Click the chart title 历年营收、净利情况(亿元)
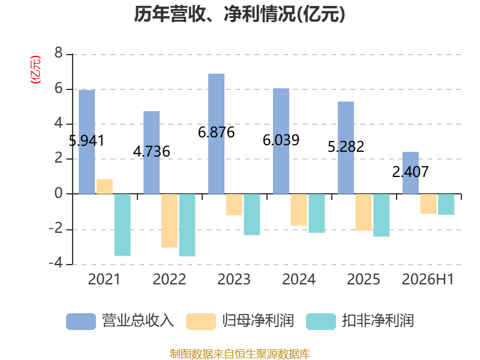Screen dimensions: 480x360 pos(239,14)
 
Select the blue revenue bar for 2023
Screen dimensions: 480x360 pos(216,134)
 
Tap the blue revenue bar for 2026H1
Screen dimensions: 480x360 pos(410,173)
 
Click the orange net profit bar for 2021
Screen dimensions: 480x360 pos(104,187)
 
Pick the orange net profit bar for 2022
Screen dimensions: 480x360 pos(169,220)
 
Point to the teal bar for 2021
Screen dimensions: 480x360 pos(122,224)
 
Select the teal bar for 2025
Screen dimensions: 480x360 pos(382,215)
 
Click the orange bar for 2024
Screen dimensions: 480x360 pos(299,209)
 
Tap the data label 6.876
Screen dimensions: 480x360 pos(216,133)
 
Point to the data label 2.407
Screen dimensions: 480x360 pos(410,172)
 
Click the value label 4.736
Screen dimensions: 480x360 pos(152,152)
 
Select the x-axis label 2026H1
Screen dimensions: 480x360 pos(428,279)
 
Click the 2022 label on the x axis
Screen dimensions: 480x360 pos(169,279)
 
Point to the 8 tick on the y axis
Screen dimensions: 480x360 pos(58,53)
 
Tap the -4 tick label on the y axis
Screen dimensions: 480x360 pos(56,263)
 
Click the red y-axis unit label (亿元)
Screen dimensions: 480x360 pos(35,70)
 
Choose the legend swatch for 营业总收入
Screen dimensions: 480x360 pos(81,322)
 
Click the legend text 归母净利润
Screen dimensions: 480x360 pos(258,321)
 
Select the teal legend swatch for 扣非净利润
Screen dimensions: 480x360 pos(321,322)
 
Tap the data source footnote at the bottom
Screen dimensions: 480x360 pos(239,354)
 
